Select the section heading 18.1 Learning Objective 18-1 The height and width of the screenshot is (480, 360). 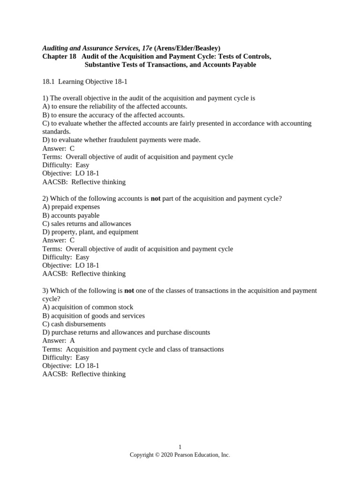[x=85, y=82]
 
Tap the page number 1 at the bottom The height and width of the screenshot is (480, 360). [x=180, y=447]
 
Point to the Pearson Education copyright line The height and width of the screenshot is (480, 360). [x=180, y=455]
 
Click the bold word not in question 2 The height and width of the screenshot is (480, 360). [x=156, y=199]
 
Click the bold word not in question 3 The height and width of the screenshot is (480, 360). [x=129, y=291]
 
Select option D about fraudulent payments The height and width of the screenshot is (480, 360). [x=121, y=140]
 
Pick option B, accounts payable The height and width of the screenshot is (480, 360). [x=71, y=215]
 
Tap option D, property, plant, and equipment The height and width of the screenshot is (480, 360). [x=90, y=232]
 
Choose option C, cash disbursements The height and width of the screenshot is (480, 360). [x=74, y=324]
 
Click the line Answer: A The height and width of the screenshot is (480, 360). [x=59, y=341]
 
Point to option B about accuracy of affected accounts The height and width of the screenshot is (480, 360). [x=113, y=115]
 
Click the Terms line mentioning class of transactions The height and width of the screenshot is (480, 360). [x=133, y=349]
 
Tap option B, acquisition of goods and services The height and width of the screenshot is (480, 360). [x=93, y=315]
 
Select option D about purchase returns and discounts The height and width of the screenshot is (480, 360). [x=126, y=332]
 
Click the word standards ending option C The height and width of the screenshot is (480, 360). [x=56, y=132]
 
